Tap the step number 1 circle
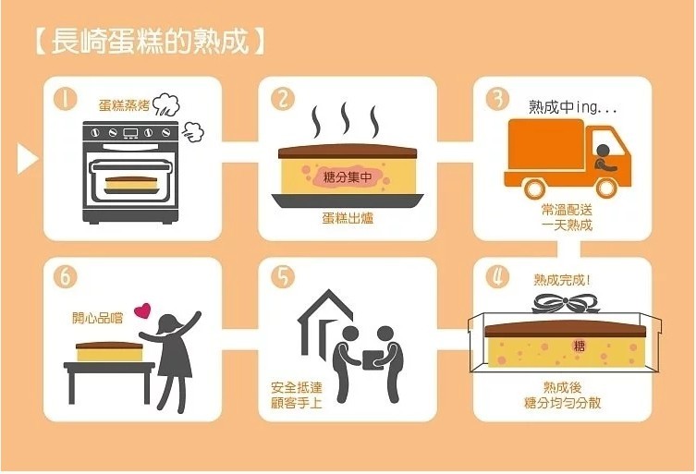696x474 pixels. click(64, 97)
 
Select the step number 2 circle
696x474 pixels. click(283, 98)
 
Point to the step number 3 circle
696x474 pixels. click(496, 98)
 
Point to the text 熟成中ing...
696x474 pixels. click(572, 108)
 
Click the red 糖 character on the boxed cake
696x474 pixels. click(580, 346)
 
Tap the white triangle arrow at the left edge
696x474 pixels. click(27, 158)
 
